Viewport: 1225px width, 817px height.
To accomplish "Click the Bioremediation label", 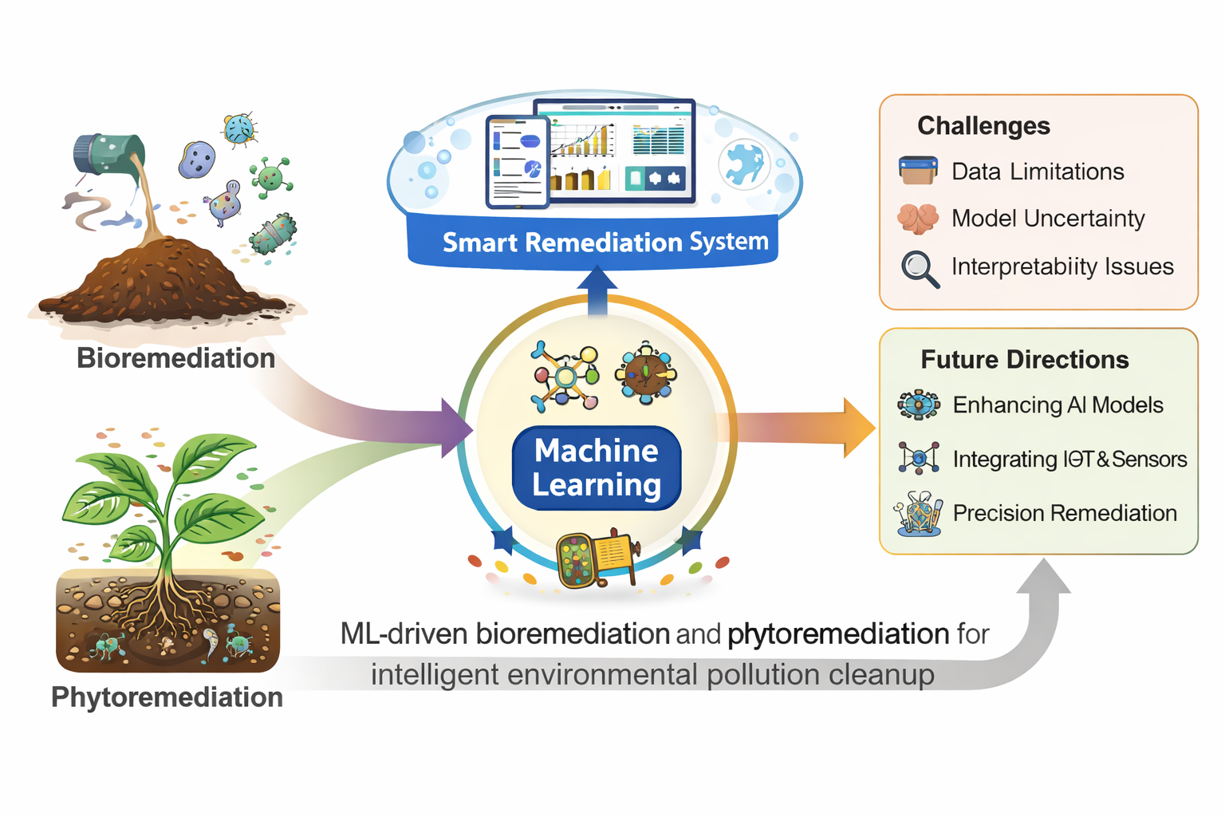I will click(x=175, y=358).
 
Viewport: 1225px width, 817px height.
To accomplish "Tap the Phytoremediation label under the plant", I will click(x=167, y=697).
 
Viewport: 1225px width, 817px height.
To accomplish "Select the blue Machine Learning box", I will click(x=597, y=468).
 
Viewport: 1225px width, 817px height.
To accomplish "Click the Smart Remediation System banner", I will click(x=605, y=242).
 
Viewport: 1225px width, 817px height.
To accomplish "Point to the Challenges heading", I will click(x=983, y=126).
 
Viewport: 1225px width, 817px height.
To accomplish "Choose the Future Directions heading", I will click(x=1024, y=360).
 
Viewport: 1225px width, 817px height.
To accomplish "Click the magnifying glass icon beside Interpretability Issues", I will click(x=920, y=269).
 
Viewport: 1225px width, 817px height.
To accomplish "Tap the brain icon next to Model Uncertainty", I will click(x=918, y=219).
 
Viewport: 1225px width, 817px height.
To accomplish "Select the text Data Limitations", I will click(x=1038, y=172).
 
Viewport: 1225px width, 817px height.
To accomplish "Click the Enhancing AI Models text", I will click(x=1058, y=405).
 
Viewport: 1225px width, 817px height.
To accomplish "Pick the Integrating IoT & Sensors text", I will click(x=1069, y=460).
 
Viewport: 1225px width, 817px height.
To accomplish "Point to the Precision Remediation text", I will click(x=1065, y=513).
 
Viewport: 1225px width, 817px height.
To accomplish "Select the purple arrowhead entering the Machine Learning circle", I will click(x=456, y=428).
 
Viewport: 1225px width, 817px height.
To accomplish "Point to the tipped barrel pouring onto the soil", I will click(x=108, y=153).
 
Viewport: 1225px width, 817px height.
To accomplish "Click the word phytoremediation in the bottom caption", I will click(x=837, y=634).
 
